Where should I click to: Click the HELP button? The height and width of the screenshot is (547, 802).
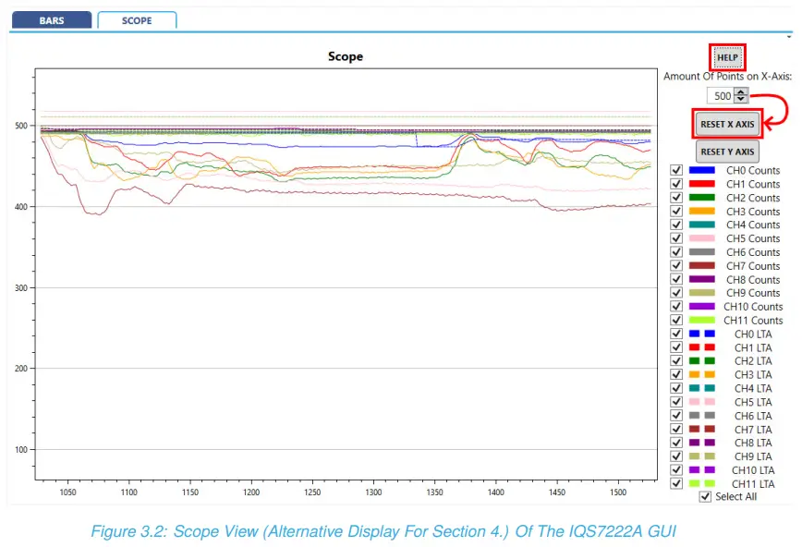pos(727,57)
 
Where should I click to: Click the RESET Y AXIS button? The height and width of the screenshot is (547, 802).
pos(727,152)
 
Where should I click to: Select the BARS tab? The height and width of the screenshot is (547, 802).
pos(52,20)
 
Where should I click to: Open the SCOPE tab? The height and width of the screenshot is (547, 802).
pos(137,20)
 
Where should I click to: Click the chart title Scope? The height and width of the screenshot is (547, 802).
pos(346,56)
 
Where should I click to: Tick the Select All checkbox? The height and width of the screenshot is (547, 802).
pos(706,496)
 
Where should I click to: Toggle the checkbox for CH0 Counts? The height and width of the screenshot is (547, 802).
pos(676,170)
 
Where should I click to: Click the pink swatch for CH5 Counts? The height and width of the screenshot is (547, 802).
pos(702,238)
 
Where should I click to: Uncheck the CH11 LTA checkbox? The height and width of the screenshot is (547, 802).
pos(676,483)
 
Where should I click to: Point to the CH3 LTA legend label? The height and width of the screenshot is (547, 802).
pos(753,374)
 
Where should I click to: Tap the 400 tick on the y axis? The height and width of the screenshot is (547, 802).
pos(19,206)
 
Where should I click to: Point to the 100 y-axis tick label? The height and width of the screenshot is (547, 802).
pos(19,450)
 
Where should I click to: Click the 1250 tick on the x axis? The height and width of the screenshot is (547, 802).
pos(312,493)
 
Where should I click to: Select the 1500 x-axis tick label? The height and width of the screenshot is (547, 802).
pos(557,493)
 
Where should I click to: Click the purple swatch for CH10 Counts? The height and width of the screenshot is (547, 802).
pos(702,307)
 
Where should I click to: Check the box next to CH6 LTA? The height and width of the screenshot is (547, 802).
pos(676,416)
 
